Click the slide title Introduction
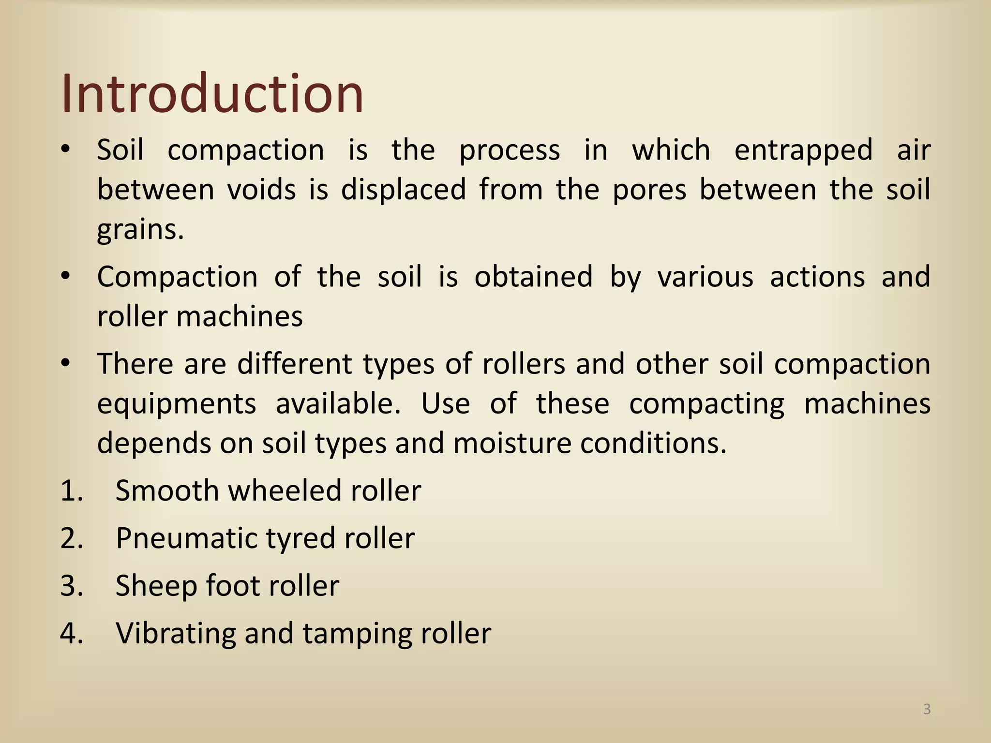click(212, 93)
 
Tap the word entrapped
click(803, 150)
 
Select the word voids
click(261, 190)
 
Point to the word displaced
click(404, 190)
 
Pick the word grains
click(140, 230)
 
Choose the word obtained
click(533, 277)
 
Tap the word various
click(705, 277)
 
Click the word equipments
click(176, 404)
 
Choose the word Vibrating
click(175, 634)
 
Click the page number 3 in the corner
click(927, 710)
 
